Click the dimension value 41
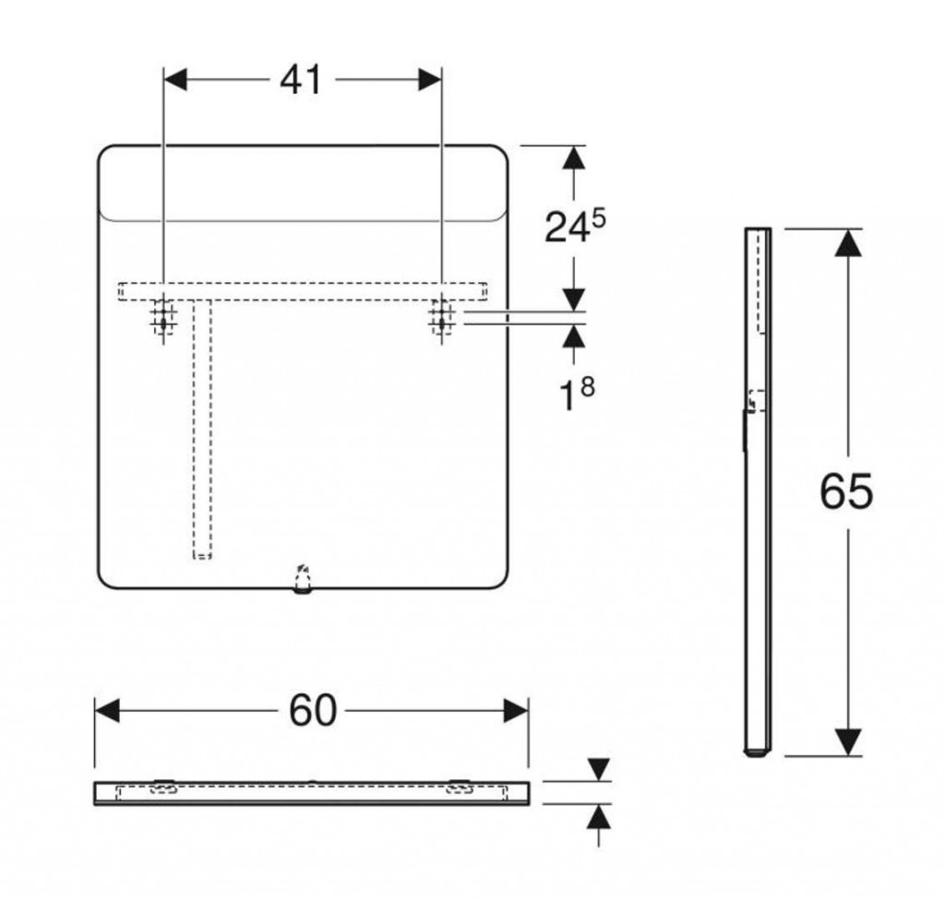(x=302, y=79)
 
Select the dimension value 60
(x=313, y=711)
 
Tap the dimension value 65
(x=846, y=491)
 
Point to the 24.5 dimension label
(x=575, y=227)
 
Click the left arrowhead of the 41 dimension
(x=175, y=79)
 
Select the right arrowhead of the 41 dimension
(x=430, y=79)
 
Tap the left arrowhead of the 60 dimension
(x=107, y=711)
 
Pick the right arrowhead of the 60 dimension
(x=516, y=711)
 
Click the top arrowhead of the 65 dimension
(x=849, y=242)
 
